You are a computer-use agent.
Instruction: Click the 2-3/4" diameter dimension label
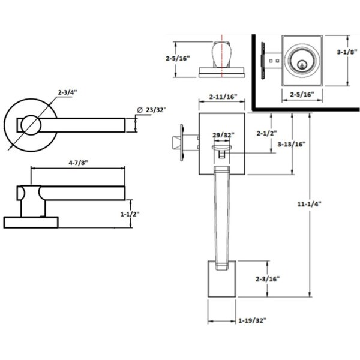67,92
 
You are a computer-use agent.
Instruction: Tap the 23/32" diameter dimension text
156,110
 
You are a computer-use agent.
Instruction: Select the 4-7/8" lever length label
78,163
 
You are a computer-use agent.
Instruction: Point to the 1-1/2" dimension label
130,214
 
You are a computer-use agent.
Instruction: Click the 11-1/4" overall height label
309,204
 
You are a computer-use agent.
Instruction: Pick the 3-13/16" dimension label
292,144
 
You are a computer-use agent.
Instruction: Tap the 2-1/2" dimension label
266,133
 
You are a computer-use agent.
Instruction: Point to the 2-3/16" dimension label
268,279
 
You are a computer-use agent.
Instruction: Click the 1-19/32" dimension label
253,320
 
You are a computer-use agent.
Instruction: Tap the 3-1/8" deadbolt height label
347,52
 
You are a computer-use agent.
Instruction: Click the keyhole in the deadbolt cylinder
302,65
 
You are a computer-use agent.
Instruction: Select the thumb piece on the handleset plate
221,148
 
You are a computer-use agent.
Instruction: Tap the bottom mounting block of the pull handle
222,279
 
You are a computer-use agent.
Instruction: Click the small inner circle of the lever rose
31,125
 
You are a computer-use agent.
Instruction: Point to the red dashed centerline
222,56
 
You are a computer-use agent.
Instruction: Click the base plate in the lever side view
31,223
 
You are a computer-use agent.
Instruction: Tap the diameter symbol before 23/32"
140,110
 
